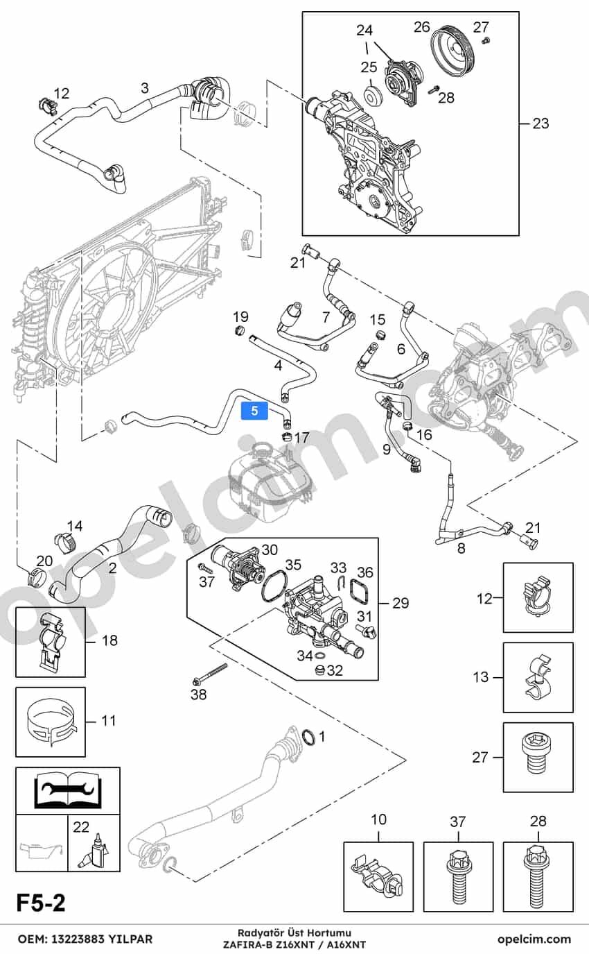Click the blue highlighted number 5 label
pos(254,411)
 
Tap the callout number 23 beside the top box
pos(540,123)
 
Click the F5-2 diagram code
pos(42,903)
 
